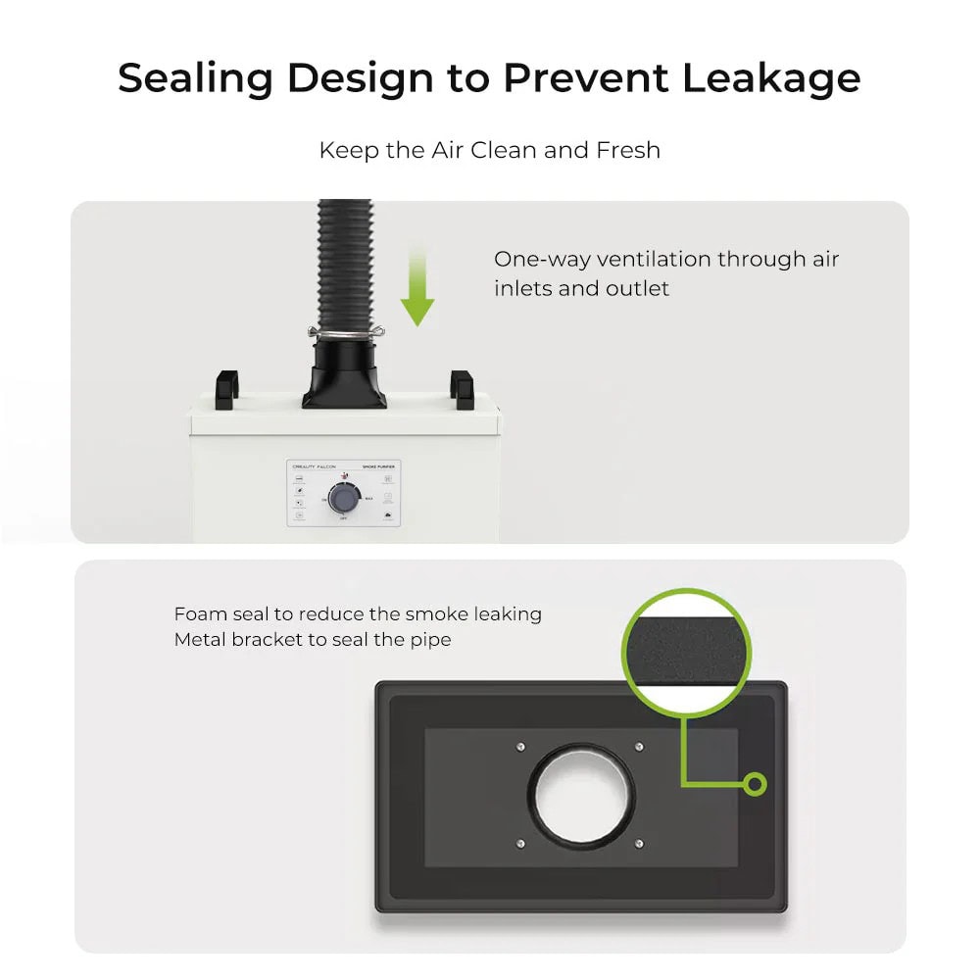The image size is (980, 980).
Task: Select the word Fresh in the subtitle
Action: coord(628,150)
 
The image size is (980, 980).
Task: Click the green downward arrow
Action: coord(417,289)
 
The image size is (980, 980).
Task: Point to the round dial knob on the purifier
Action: coord(343,499)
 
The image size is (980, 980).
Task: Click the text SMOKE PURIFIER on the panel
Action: coord(383,467)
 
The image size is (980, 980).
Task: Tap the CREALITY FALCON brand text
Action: coord(316,467)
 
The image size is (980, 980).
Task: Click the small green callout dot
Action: coord(754,783)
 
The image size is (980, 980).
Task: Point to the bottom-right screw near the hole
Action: coord(639,843)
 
